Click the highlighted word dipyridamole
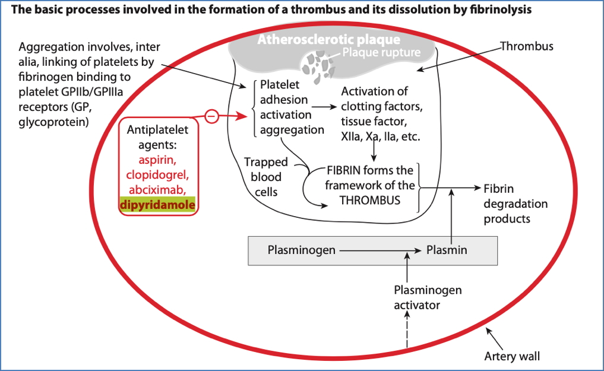(x=159, y=205)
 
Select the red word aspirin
(x=158, y=160)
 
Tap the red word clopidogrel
(x=157, y=175)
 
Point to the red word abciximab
(x=157, y=191)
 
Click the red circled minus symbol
(x=211, y=116)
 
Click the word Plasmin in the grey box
(x=447, y=250)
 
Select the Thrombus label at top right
(x=526, y=46)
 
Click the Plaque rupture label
(x=381, y=53)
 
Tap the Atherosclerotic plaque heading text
(x=328, y=40)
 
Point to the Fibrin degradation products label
(x=515, y=203)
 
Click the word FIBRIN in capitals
(x=345, y=170)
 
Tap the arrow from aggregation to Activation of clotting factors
(x=322, y=107)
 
